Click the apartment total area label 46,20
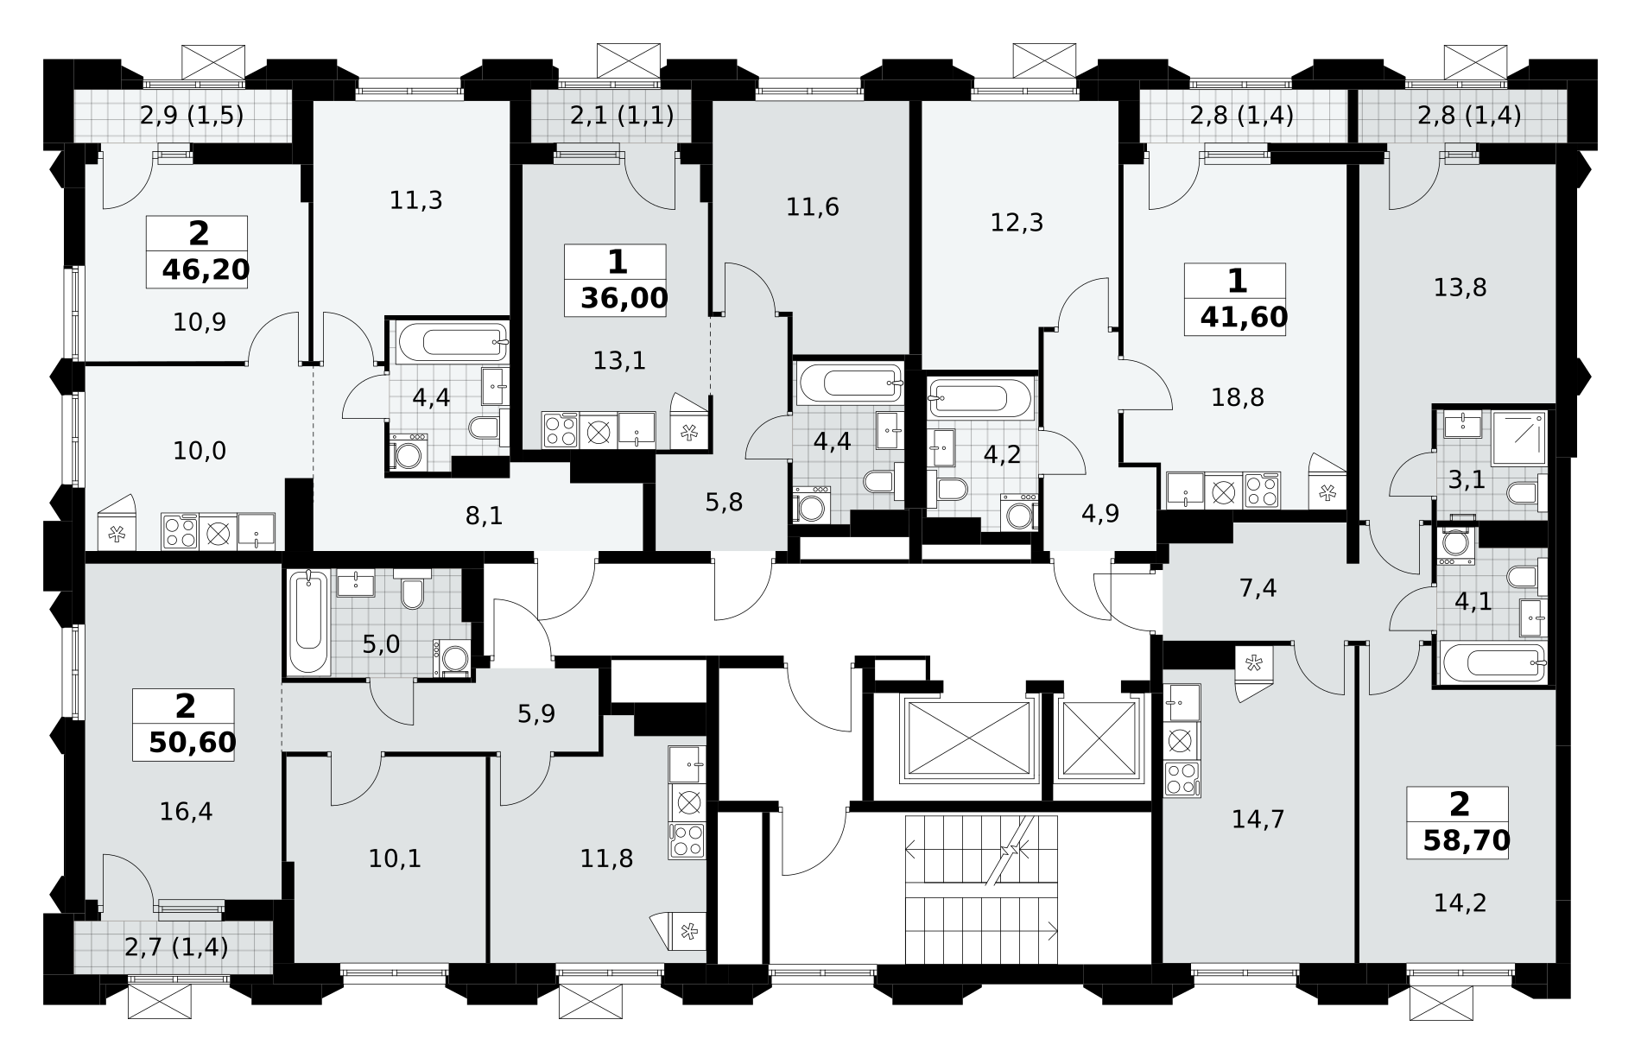206,270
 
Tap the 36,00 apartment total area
624,299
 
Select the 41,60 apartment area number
1244,318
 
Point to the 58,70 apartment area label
1467,840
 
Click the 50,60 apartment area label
192,743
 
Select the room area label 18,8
1238,397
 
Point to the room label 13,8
1460,288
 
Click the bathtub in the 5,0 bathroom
308,622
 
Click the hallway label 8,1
484,516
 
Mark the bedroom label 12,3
1017,223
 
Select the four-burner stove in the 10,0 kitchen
180,532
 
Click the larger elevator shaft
966,739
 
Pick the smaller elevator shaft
1099,739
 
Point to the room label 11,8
606,858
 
